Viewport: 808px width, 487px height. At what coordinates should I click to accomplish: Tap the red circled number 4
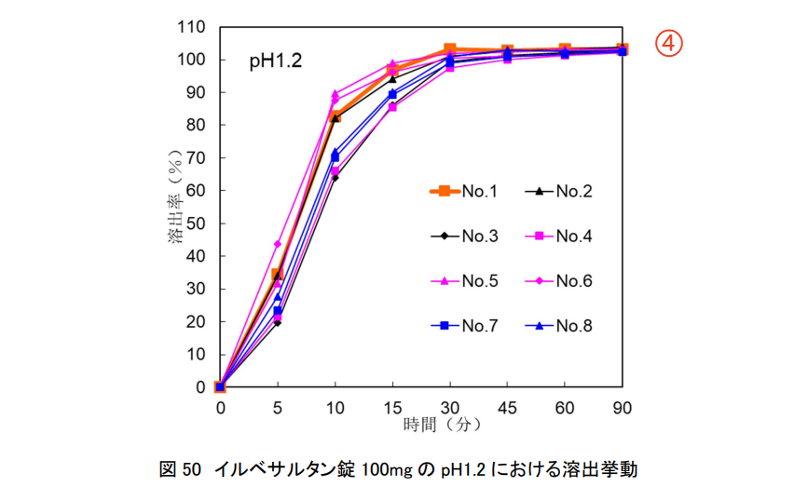click(668, 43)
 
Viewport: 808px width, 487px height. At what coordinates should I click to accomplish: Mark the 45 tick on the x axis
click(507, 407)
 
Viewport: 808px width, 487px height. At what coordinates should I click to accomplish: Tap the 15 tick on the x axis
click(392, 407)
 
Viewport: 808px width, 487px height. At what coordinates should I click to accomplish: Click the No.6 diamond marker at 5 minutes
click(277, 244)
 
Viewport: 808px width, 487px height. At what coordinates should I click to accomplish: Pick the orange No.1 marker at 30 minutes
click(450, 49)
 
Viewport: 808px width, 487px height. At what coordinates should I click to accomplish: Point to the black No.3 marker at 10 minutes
click(335, 177)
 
